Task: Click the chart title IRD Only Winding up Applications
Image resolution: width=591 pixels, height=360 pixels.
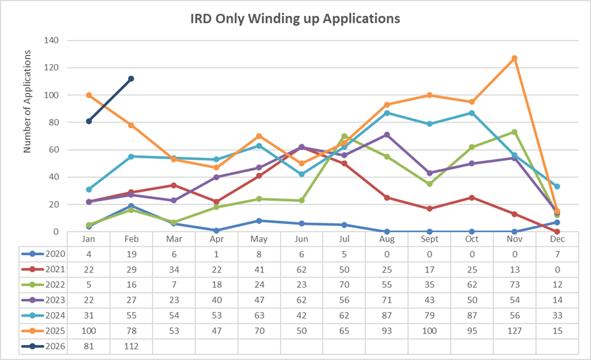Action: point(295,19)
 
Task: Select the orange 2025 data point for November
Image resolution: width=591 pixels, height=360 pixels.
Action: point(515,59)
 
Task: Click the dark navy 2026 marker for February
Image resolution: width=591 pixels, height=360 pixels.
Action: point(131,79)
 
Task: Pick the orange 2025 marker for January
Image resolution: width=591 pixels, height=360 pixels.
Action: point(89,96)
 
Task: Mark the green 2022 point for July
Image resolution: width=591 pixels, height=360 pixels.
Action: point(344,136)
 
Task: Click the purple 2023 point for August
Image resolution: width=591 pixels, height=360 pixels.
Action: point(387,134)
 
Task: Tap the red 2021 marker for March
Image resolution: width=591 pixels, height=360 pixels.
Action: point(174,185)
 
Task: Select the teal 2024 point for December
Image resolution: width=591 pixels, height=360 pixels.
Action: point(557,187)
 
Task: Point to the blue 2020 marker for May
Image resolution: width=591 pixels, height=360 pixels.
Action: point(259,221)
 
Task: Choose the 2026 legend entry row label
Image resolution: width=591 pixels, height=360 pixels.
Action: point(49,346)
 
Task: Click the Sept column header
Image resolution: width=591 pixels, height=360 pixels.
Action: point(429,239)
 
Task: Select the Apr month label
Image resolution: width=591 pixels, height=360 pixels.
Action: point(217,239)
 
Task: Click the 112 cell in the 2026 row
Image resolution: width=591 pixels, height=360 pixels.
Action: point(131,346)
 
